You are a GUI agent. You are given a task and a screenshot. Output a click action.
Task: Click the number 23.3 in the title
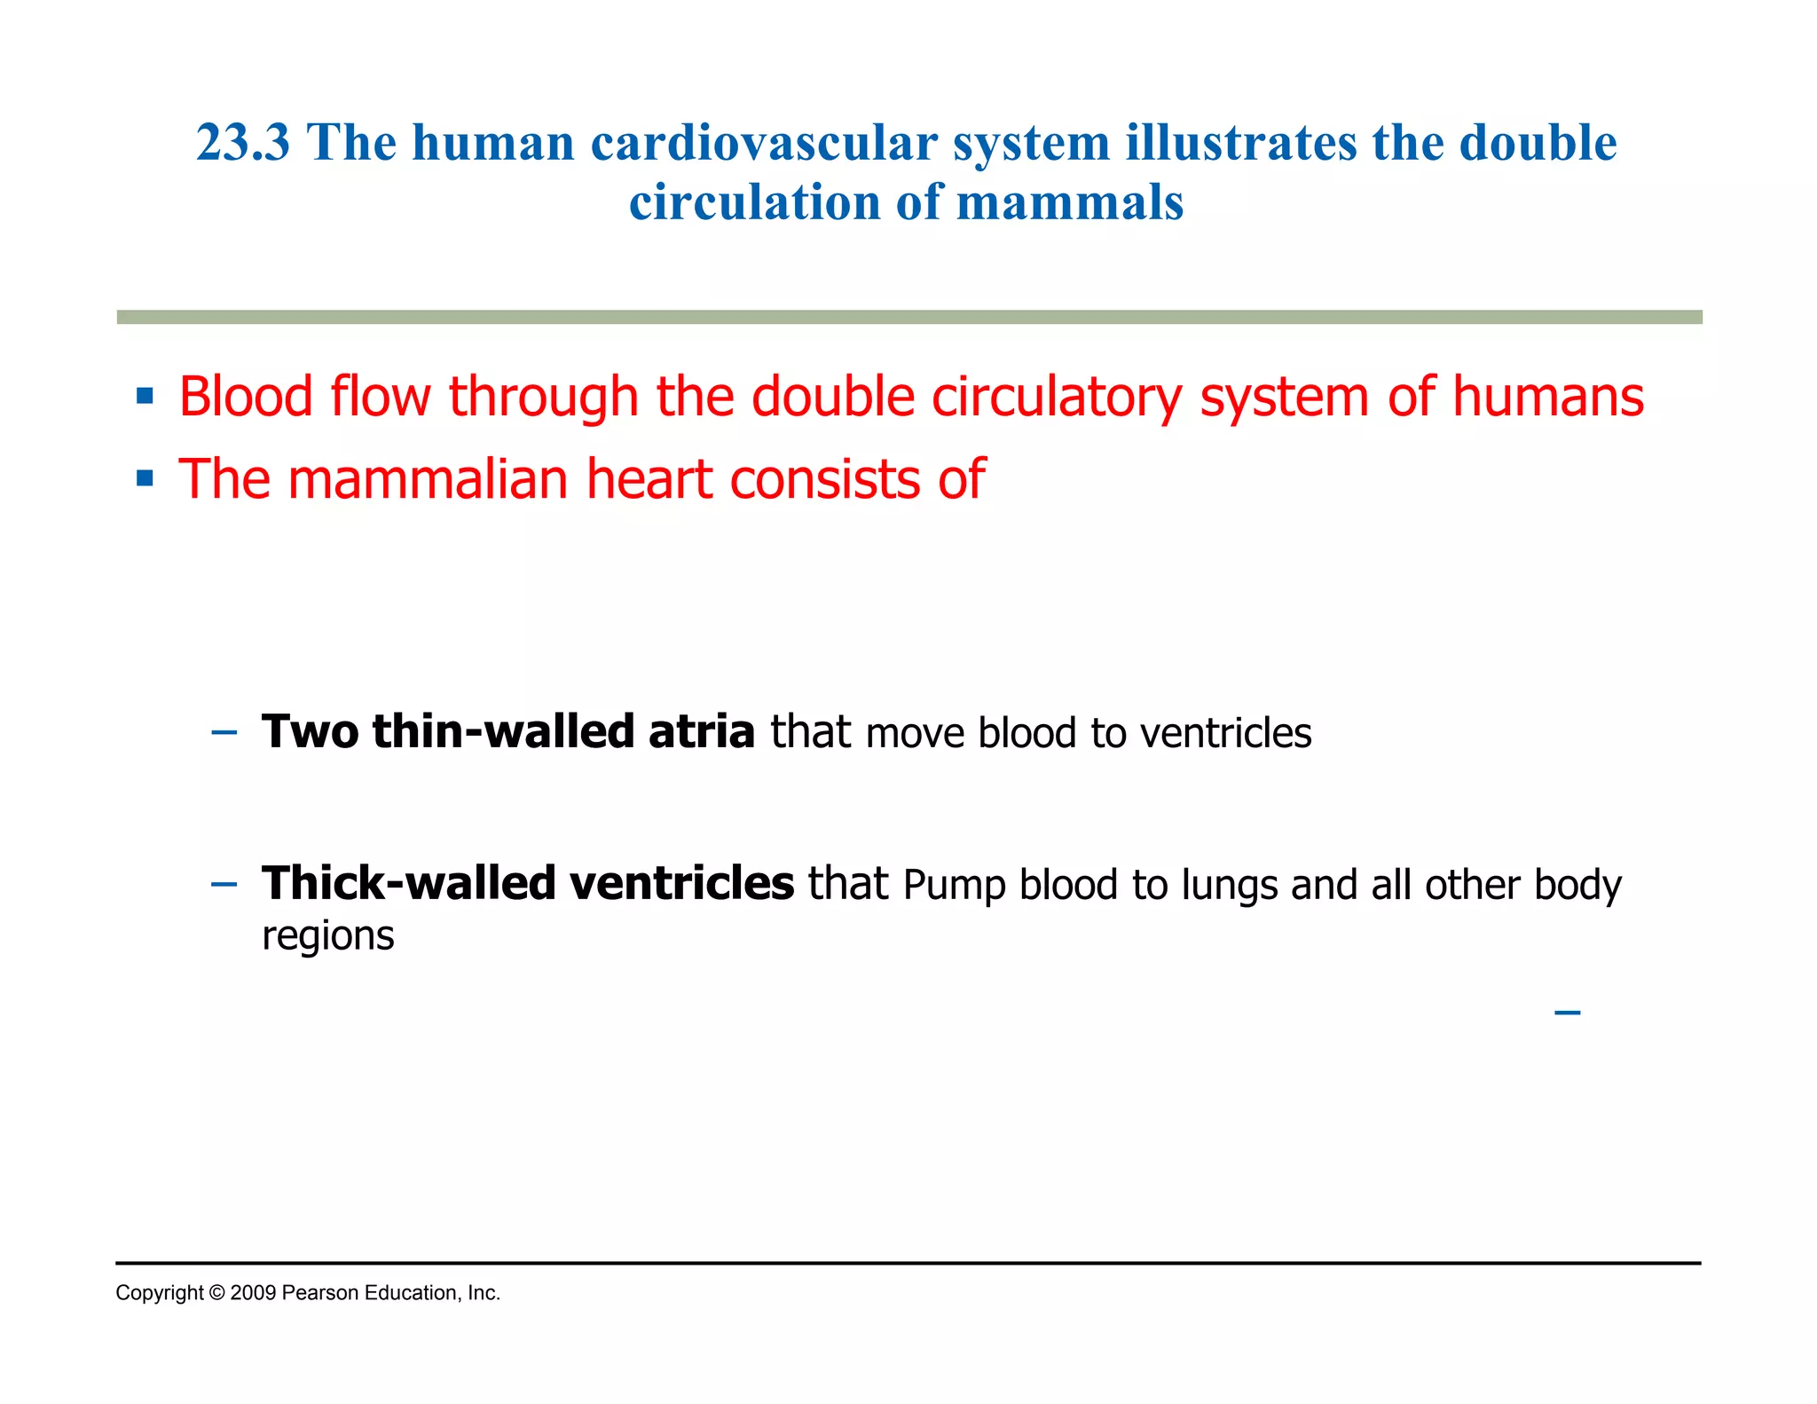point(242,143)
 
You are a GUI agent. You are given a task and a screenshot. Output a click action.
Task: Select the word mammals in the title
point(1070,202)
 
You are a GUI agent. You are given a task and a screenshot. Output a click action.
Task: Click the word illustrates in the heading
point(1241,143)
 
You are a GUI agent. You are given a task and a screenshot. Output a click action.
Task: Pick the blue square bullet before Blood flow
point(146,396)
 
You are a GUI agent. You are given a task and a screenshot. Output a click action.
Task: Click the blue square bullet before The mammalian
point(146,479)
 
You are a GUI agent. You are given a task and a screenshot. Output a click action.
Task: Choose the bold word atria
point(701,732)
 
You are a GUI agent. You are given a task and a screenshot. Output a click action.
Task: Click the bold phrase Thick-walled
point(408,884)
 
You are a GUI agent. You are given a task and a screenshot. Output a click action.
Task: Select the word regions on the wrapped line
point(327,937)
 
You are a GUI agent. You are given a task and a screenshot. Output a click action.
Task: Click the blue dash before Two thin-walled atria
point(224,733)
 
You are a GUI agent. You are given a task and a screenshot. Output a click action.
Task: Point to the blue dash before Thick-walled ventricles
point(224,885)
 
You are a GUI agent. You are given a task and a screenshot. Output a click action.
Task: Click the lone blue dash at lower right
point(1567,1013)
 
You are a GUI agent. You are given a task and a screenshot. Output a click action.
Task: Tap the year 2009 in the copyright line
point(253,1293)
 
